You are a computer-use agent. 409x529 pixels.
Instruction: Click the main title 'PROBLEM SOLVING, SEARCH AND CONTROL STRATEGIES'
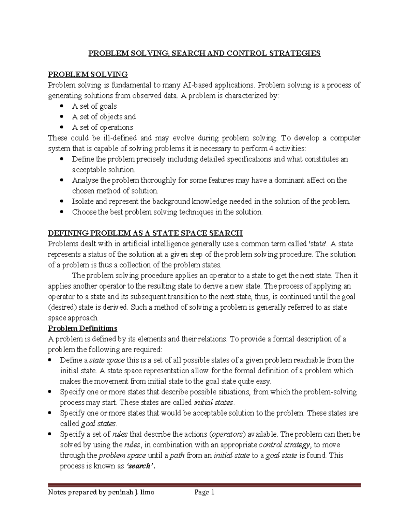tap(204, 53)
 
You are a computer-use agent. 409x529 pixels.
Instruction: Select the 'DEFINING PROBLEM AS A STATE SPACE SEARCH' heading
tap(145, 233)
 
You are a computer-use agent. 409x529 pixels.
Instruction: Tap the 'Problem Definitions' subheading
tap(82, 328)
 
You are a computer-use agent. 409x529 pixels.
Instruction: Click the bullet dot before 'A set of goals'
tap(61, 106)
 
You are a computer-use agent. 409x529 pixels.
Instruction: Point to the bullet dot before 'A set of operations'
tap(61, 127)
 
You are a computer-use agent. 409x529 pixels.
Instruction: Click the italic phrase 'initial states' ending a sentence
tap(213, 402)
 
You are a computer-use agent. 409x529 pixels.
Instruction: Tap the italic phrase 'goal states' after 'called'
tap(99, 423)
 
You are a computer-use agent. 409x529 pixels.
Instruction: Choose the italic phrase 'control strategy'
tap(284, 445)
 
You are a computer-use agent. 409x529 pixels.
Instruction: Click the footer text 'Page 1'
tap(204, 492)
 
